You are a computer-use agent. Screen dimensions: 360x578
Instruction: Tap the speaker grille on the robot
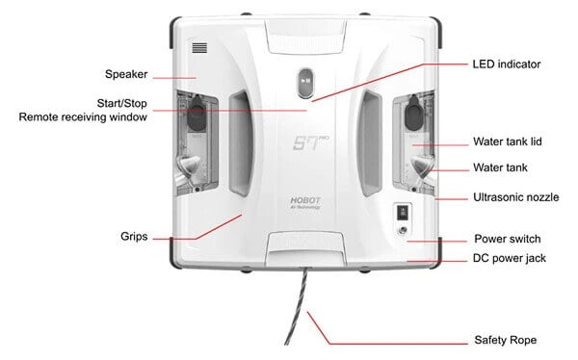(199, 45)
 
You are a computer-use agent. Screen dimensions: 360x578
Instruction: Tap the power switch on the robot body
(402, 213)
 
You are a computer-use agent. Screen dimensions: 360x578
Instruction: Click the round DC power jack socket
(402, 231)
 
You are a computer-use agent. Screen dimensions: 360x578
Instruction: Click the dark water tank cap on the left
(197, 116)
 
